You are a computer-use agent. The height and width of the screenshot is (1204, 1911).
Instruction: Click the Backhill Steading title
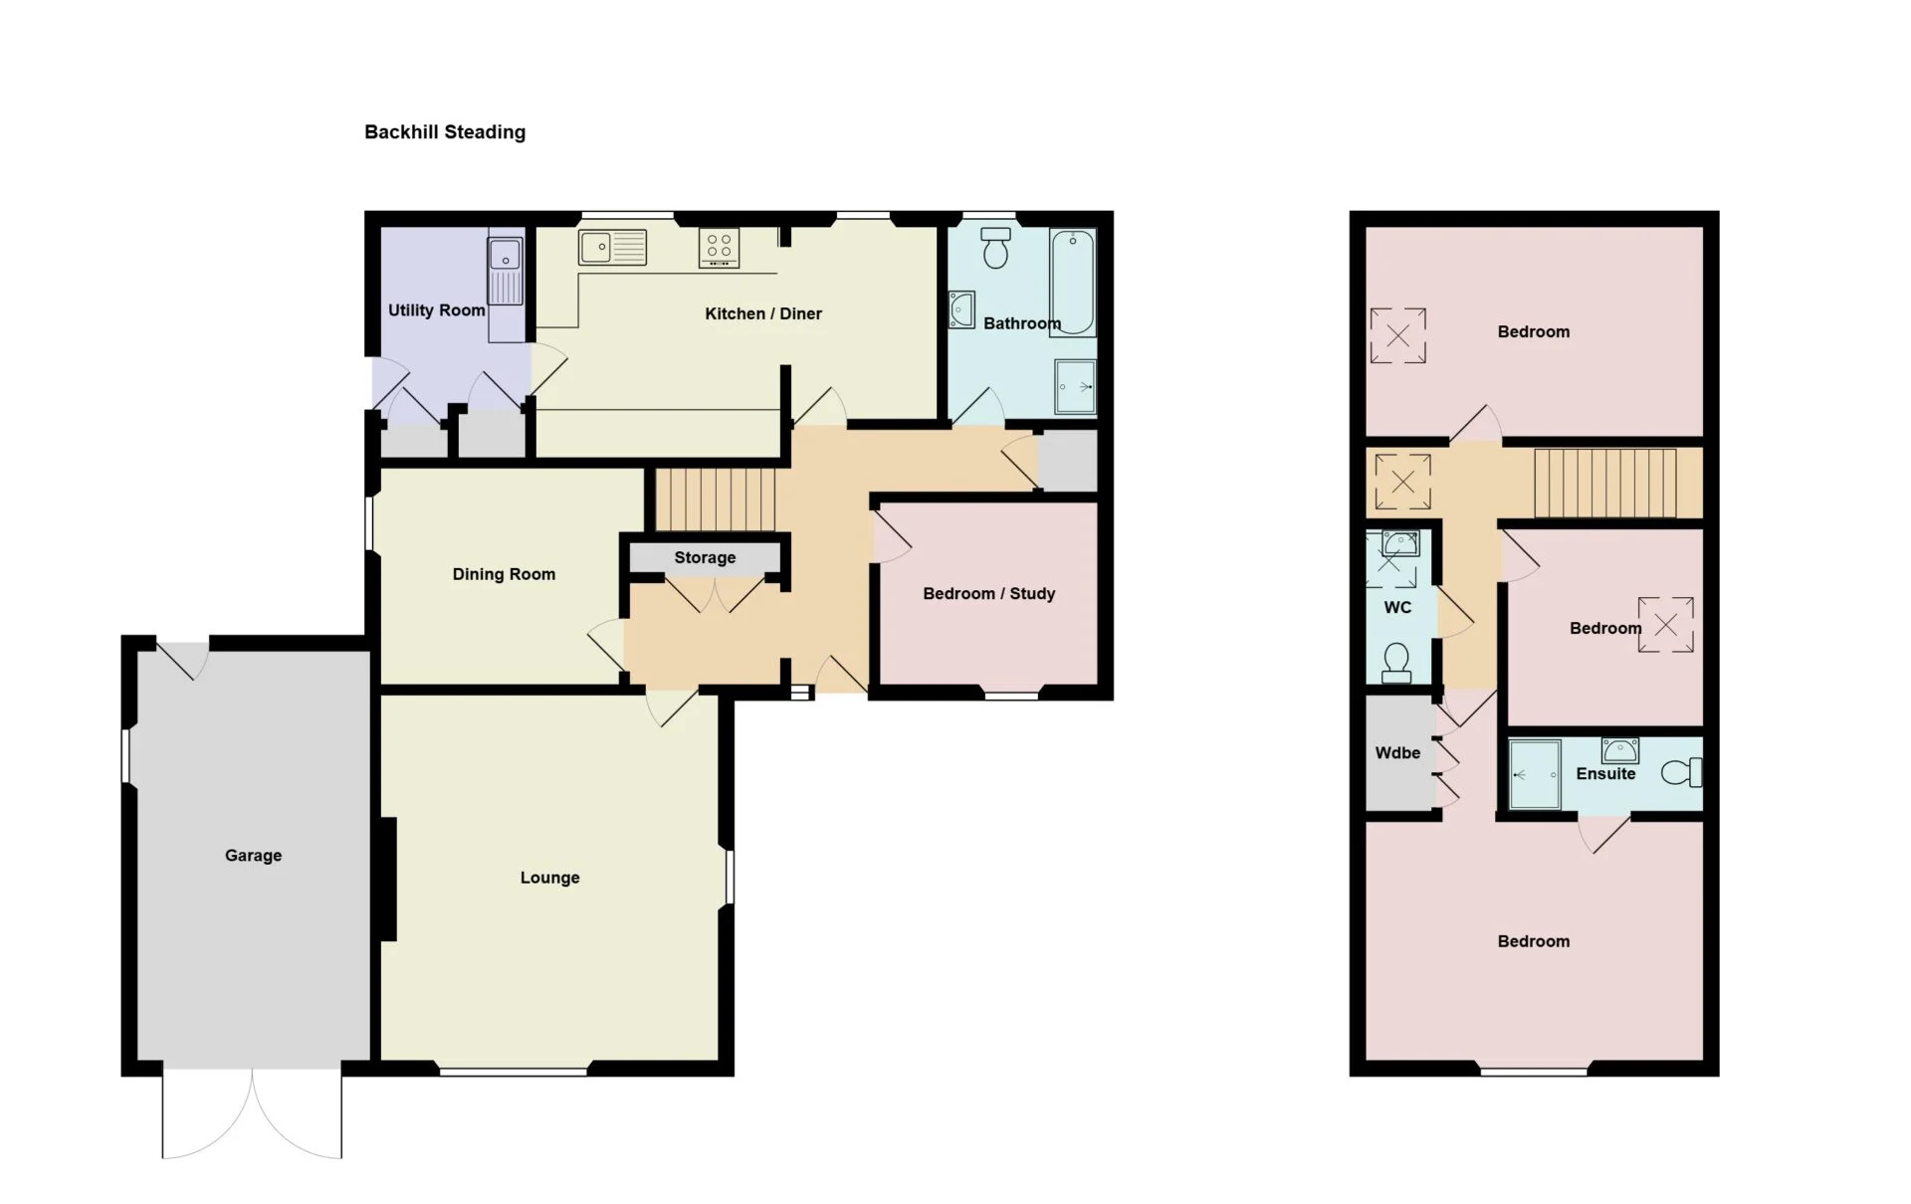coord(445,132)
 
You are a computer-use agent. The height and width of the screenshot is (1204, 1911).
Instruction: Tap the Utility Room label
coord(437,310)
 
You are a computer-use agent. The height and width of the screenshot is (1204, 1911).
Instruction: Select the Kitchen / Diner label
coord(763,313)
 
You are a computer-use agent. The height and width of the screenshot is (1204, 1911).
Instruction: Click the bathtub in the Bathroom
coord(1073,283)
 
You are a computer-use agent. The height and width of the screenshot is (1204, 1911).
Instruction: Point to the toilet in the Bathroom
coord(995,248)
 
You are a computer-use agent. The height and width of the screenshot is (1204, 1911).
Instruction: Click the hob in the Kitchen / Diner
coord(720,248)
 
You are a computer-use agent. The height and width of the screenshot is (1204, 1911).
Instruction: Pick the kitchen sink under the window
coord(613,247)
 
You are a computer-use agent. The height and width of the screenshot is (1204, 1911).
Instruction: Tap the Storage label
coord(706,558)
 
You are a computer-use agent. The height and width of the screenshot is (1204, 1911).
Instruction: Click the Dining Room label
coord(504,574)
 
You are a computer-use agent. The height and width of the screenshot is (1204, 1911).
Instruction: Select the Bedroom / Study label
coord(989,594)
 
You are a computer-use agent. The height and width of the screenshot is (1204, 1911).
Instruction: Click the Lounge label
coord(550,878)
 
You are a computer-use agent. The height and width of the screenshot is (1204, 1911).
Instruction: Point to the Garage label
coord(254,856)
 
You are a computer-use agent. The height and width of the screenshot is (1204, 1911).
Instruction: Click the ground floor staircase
coord(716,500)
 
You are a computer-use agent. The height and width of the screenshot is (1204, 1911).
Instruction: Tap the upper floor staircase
coord(1605,484)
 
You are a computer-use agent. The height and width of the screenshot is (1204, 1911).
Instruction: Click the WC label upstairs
coord(1397,608)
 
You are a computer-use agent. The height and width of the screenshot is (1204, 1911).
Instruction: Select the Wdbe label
coord(1397,753)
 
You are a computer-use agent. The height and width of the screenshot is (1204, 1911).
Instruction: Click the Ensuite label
coord(1605,774)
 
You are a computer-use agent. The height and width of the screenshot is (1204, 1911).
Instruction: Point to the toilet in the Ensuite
coord(1682,772)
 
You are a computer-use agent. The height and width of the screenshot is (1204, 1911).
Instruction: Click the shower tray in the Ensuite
coord(1535,774)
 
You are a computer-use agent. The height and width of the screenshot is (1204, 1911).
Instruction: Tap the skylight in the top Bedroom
coord(1398,336)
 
